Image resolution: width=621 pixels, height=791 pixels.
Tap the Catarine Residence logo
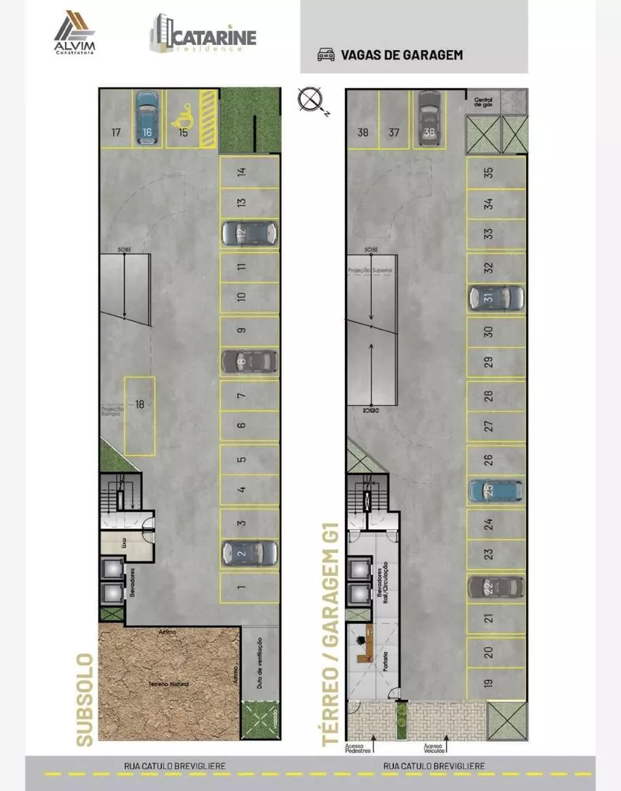click(x=203, y=35)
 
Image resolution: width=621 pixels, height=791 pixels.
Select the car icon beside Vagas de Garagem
click(x=325, y=55)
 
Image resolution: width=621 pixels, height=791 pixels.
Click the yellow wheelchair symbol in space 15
click(x=183, y=119)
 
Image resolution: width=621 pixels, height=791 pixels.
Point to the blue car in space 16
click(x=146, y=118)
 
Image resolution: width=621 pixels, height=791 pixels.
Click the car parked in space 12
click(x=248, y=233)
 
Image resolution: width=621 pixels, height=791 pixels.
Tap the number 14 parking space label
click(x=242, y=171)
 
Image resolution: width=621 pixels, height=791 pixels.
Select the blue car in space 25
click(x=495, y=490)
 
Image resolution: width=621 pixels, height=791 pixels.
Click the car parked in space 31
click(x=496, y=297)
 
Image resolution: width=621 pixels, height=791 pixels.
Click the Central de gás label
click(x=483, y=100)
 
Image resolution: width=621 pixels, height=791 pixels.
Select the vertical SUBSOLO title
click(x=85, y=699)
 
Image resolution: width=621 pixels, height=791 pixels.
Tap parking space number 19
click(x=489, y=683)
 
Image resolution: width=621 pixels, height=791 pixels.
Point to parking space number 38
click(x=363, y=132)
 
